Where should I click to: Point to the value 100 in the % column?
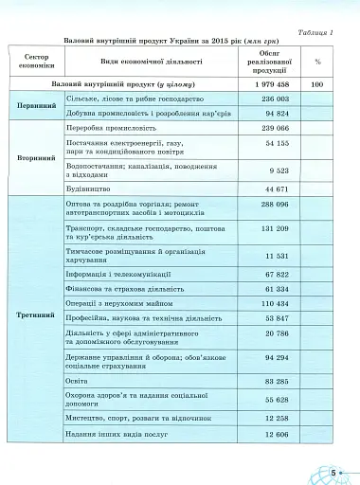[x=318, y=84]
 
